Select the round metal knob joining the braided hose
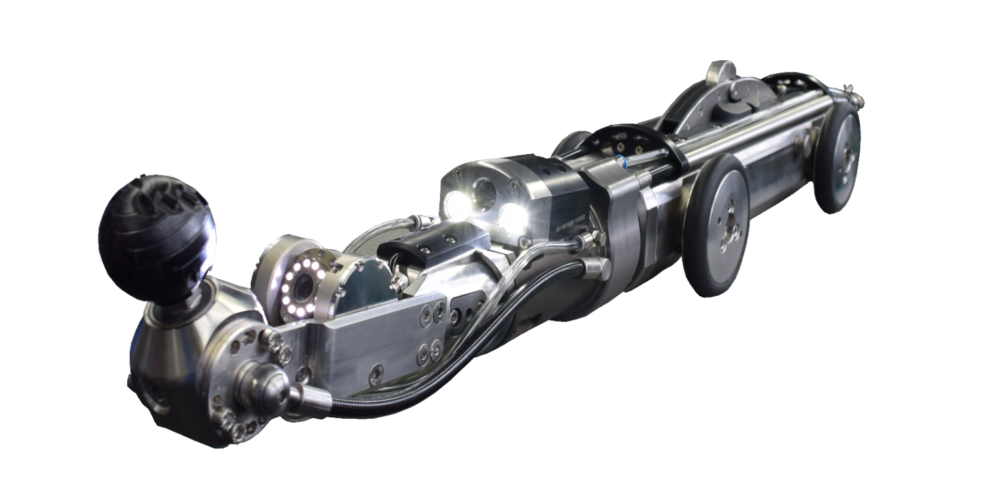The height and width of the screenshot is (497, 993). click(x=262, y=382)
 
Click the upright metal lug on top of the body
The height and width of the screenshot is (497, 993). click(x=720, y=72)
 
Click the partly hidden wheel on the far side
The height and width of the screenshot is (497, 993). click(x=569, y=142)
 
